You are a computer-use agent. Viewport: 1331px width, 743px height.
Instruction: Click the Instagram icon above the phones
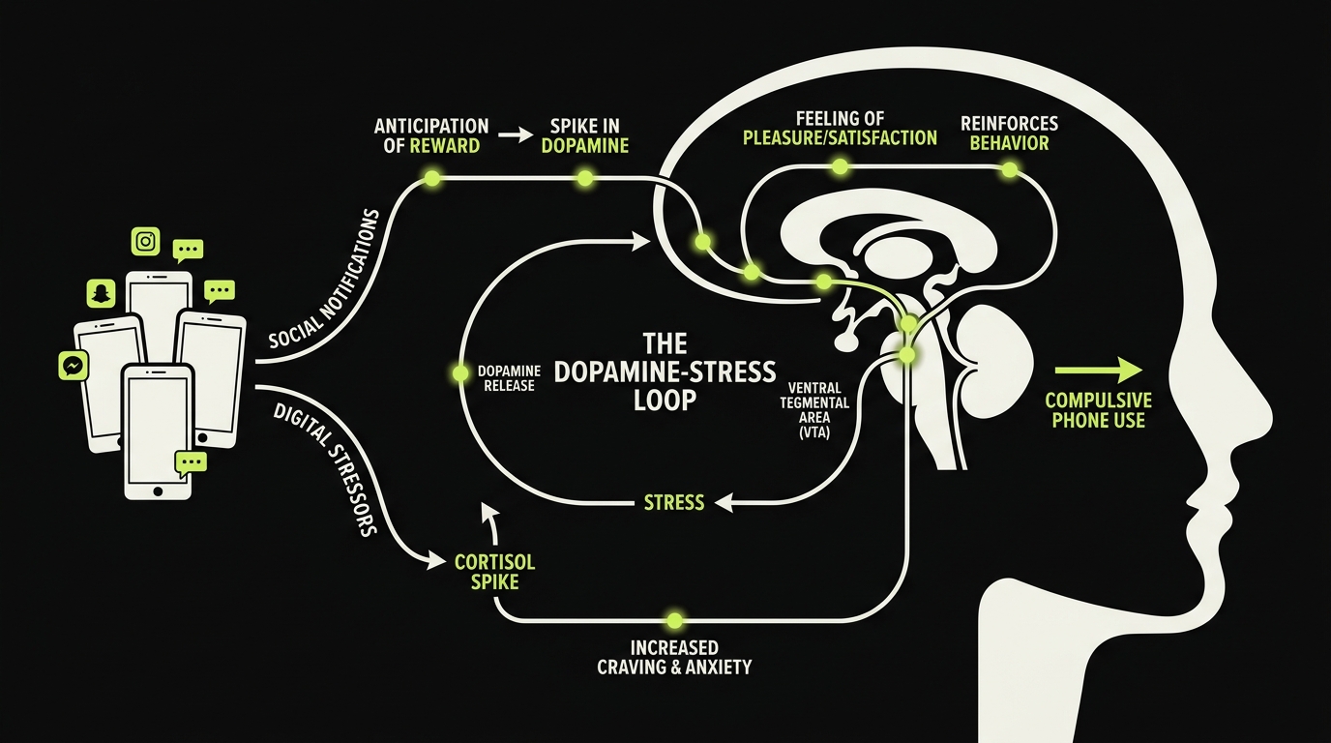146,241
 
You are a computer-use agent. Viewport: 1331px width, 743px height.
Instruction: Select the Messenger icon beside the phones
72,365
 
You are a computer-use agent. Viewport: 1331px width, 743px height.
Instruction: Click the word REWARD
444,146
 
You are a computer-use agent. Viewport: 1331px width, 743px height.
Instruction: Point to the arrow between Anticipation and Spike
517,136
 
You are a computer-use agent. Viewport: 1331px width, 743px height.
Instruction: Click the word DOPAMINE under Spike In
584,146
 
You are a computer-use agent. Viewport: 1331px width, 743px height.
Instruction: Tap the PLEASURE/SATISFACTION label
840,138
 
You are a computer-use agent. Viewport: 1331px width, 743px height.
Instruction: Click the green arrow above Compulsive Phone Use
1099,369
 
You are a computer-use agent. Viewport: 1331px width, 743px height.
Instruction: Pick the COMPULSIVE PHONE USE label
1099,410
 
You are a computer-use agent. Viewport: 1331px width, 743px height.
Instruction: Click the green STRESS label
674,503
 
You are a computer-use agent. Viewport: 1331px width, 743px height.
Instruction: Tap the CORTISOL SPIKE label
494,572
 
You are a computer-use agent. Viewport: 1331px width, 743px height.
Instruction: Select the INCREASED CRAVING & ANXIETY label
674,657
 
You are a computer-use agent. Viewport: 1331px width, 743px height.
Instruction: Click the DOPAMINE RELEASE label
506,378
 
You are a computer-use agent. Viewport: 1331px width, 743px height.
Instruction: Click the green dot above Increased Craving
674,620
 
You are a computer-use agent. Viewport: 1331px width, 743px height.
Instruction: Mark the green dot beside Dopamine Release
460,371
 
